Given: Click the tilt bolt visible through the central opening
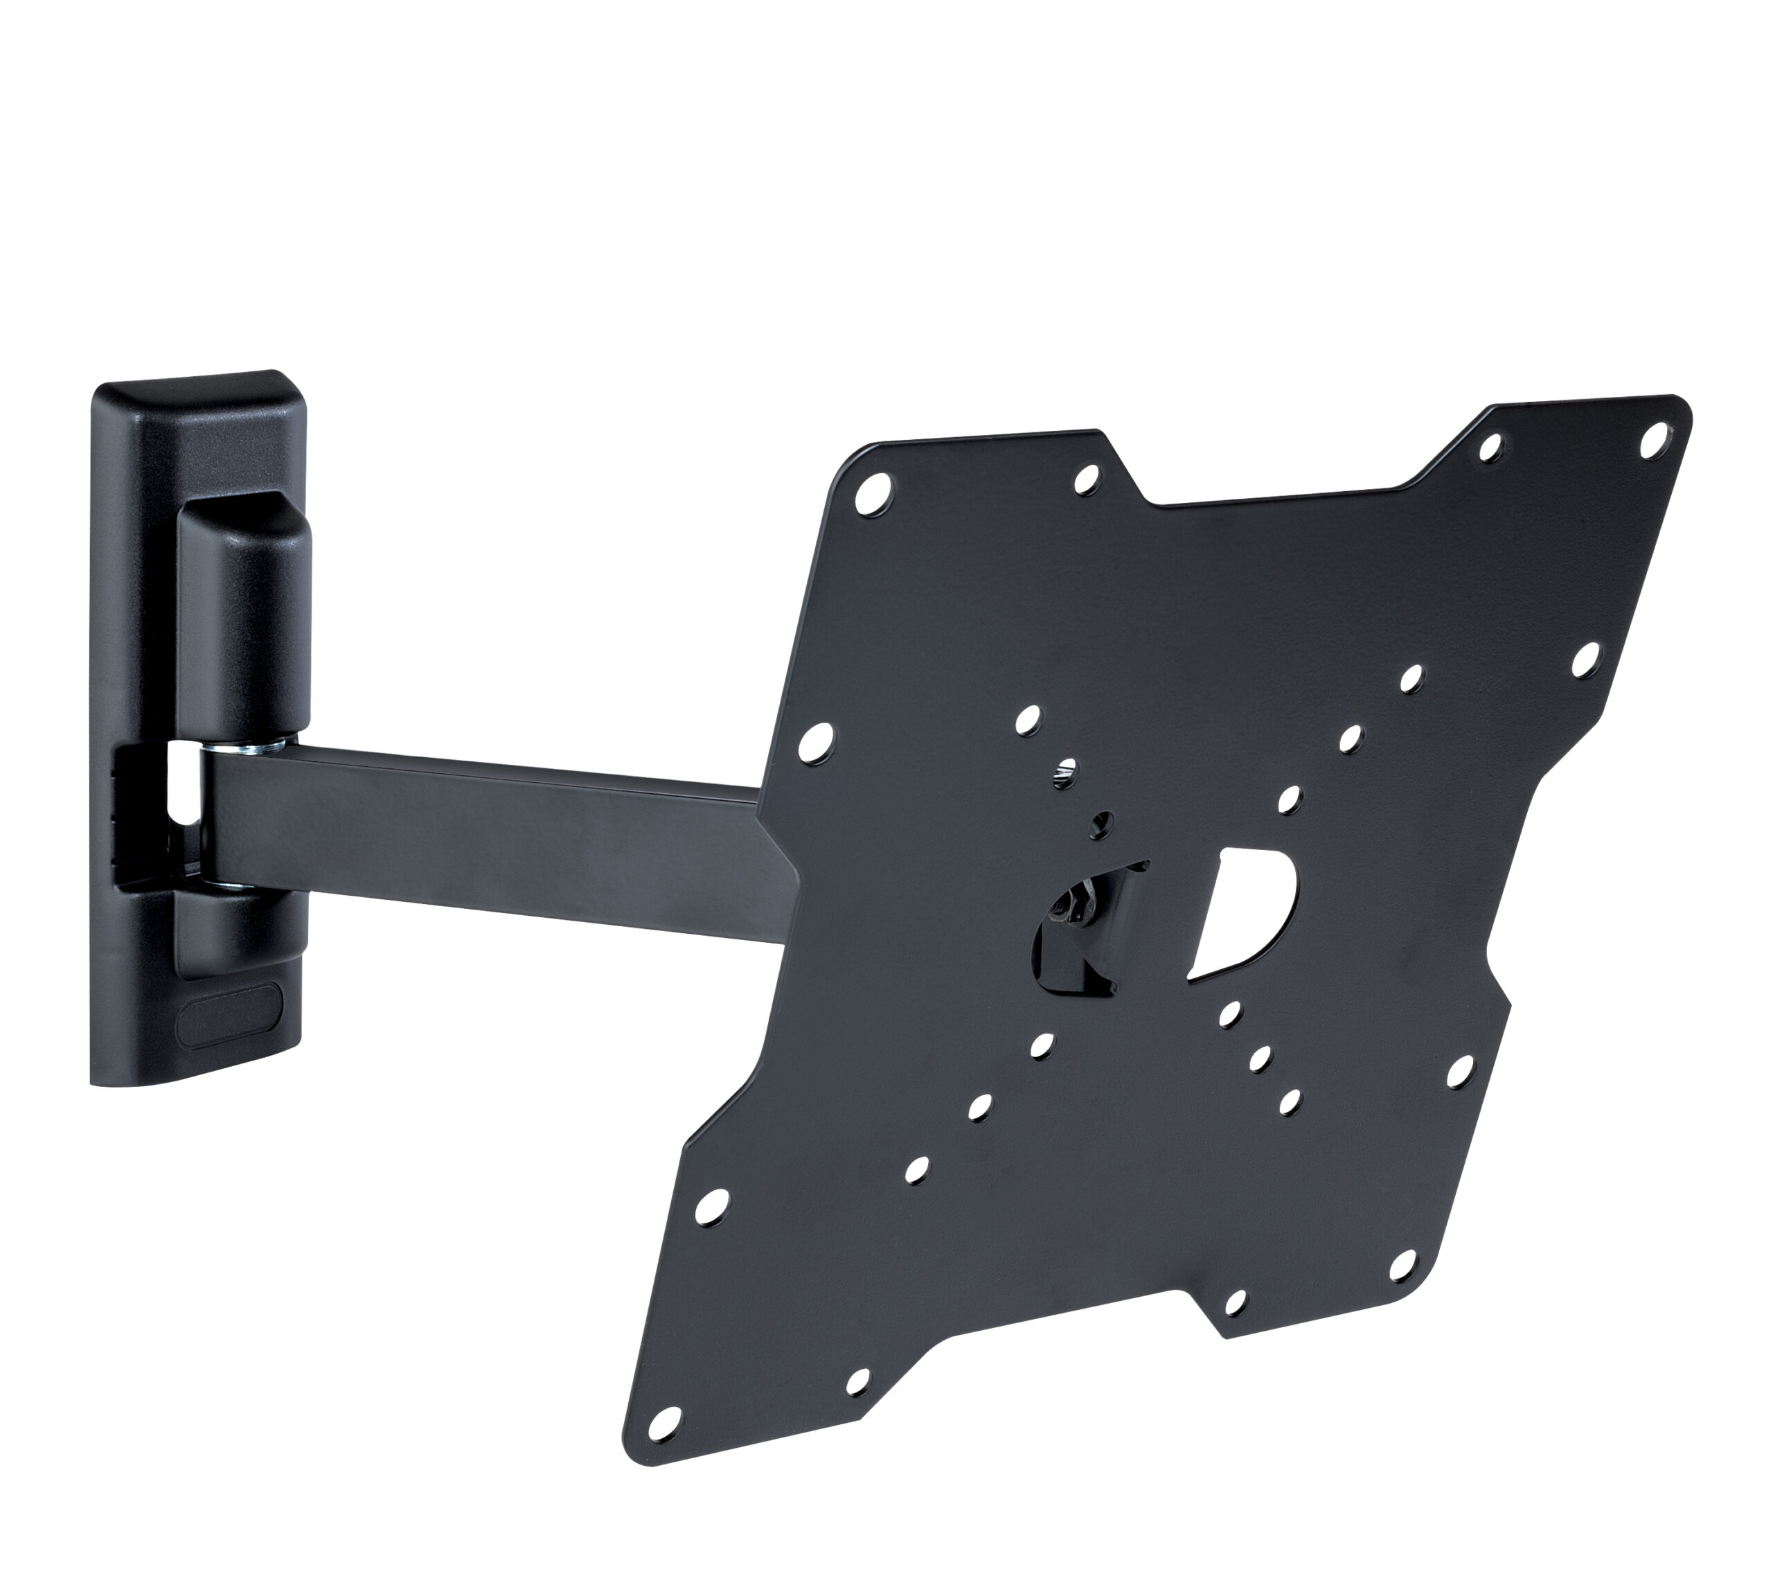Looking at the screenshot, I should pyautogui.click(x=1078, y=914).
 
